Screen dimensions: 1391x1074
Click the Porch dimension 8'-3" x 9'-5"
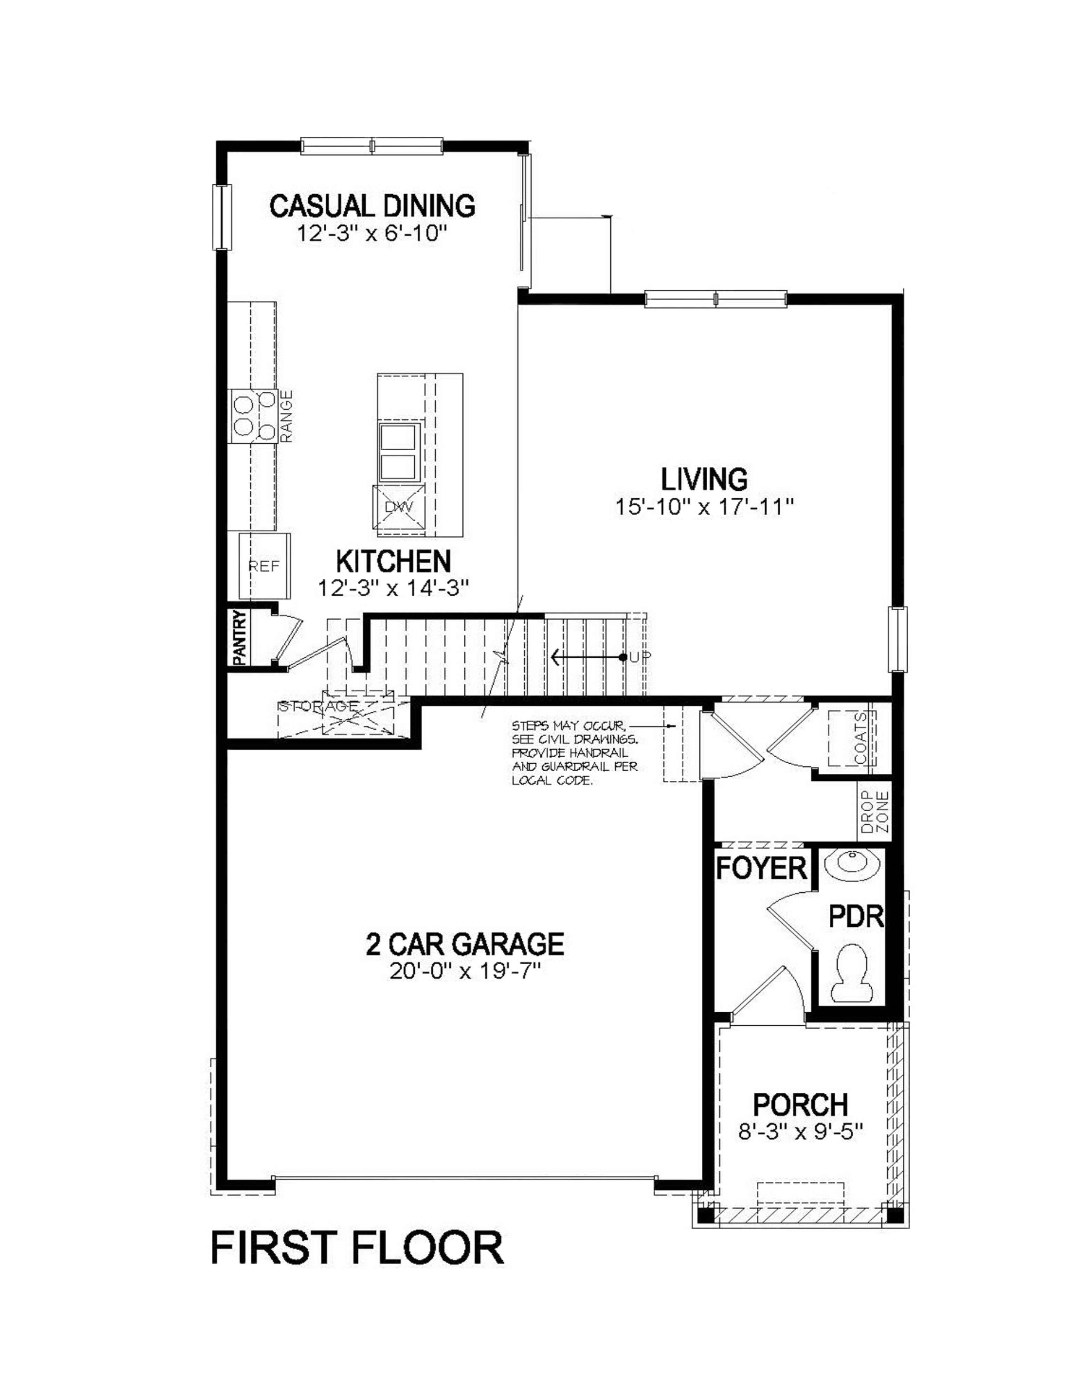tap(800, 1132)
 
